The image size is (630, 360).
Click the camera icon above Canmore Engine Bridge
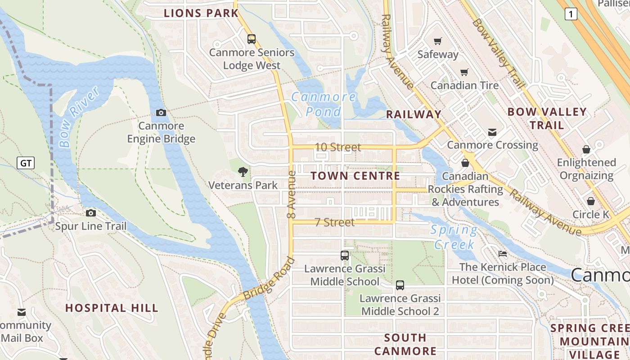point(161,112)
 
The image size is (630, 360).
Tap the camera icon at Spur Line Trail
point(91,213)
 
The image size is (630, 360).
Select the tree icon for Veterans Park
point(243,171)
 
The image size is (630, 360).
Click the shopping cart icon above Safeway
point(437,41)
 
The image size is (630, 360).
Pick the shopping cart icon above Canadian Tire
point(464,72)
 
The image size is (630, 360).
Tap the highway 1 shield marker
point(571,14)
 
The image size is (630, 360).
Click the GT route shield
point(26,163)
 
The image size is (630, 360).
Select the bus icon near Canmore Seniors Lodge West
point(252,39)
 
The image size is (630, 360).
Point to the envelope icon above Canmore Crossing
point(492,132)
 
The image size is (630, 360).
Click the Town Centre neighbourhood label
point(355,176)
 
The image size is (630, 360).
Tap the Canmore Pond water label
point(324,104)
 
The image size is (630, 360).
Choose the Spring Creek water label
point(454,237)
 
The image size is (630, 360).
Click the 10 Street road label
point(337,147)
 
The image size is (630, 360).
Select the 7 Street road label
point(334,222)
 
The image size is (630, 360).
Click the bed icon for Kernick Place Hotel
point(502,254)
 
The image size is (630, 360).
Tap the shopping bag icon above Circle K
point(590,201)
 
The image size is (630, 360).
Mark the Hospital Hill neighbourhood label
point(112,308)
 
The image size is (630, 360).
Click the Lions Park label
point(201,13)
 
